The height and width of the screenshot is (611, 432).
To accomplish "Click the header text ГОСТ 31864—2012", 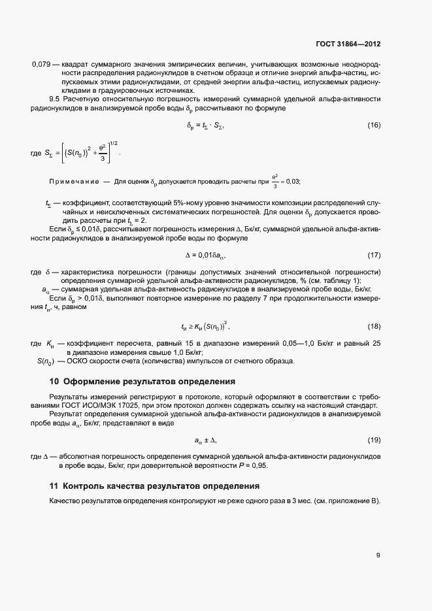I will [x=348, y=44].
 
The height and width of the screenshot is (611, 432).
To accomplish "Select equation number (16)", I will [x=374, y=125].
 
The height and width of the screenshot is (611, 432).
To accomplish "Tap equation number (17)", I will [x=374, y=254].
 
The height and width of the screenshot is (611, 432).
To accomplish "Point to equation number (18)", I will [x=374, y=326].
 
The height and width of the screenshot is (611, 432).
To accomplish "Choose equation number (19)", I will [x=374, y=440].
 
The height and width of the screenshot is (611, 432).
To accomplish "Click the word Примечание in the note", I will [x=74, y=182].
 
